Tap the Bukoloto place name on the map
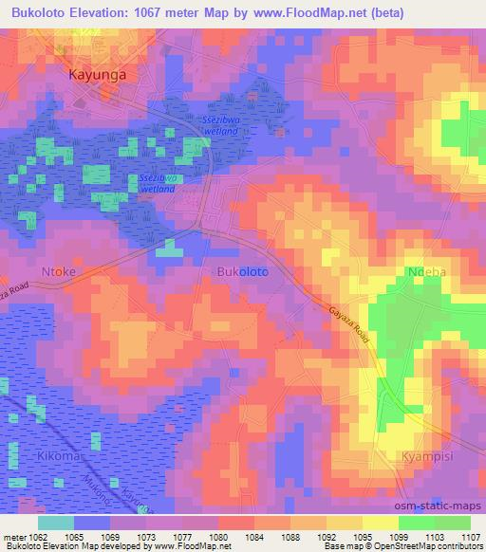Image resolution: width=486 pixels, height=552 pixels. [242, 271]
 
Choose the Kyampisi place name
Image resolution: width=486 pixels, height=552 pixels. [421, 455]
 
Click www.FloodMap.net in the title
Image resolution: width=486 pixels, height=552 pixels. [305, 12]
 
